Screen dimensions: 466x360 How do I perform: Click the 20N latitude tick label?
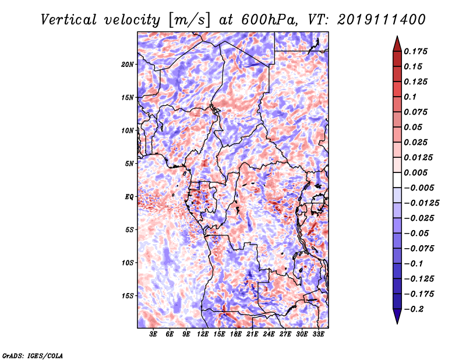click(x=128, y=65)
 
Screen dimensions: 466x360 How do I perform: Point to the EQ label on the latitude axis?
click(x=129, y=197)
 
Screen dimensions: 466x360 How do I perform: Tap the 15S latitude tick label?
click(x=128, y=296)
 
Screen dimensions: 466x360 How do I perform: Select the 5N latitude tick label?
click(x=129, y=164)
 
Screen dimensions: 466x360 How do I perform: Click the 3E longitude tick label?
click(x=153, y=334)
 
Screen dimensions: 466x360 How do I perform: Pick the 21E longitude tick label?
click(x=252, y=334)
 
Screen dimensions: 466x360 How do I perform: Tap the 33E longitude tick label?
click(x=318, y=334)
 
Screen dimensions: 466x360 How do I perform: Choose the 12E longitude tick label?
click(x=203, y=334)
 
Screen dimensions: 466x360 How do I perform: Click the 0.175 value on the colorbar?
click(x=415, y=51)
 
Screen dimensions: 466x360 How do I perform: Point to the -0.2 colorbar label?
click(x=414, y=309)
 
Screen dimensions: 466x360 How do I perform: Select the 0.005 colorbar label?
click(x=415, y=172)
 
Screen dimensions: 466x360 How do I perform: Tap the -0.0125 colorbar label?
click(x=421, y=203)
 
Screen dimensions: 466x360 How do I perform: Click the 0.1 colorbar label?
click(x=410, y=97)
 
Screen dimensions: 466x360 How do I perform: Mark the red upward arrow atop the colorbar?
click(x=397, y=44)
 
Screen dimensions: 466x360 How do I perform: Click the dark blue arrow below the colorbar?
click(x=397, y=316)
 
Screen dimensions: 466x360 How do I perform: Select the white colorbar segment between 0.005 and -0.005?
click(x=397, y=180)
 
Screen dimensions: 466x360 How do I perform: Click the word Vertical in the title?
click(x=69, y=20)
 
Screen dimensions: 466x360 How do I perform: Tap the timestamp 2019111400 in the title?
click(x=382, y=20)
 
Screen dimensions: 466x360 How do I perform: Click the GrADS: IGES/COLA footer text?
click(x=33, y=355)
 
